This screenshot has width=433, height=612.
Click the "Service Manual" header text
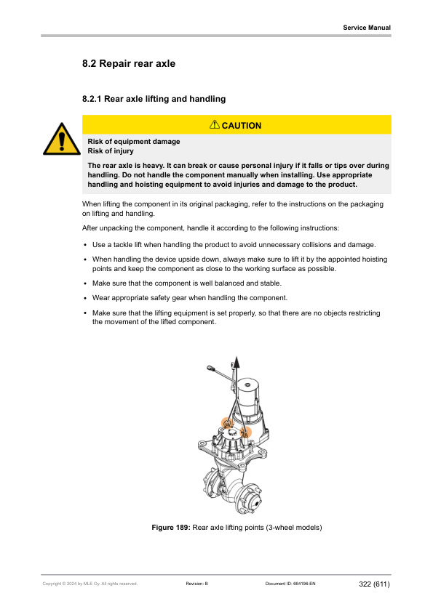[x=367, y=28]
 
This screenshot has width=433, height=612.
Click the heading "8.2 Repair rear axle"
[x=129, y=64]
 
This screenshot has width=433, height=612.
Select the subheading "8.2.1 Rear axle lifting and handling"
[x=154, y=99]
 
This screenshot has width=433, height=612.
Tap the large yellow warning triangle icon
[x=62, y=139]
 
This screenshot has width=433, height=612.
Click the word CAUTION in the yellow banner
[x=242, y=126]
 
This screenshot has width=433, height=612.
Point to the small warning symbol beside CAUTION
[x=215, y=124]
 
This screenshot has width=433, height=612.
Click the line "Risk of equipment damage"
[x=134, y=141]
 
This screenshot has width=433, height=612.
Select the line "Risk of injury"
[x=111, y=150]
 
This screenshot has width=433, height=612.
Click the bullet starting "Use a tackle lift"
[x=234, y=245]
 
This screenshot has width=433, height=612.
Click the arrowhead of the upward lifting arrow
[x=235, y=361]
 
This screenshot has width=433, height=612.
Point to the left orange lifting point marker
[x=226, y=423]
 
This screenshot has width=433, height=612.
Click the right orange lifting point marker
[x=245, y=432]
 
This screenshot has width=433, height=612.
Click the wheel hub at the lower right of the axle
[x=251, y=499]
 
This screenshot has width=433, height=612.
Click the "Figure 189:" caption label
[x=171, y=527]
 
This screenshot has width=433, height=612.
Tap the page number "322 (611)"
[x=374, y=584]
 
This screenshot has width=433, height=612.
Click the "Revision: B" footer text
[x=197, y=584]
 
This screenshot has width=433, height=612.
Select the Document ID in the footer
[x=290, y=584]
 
